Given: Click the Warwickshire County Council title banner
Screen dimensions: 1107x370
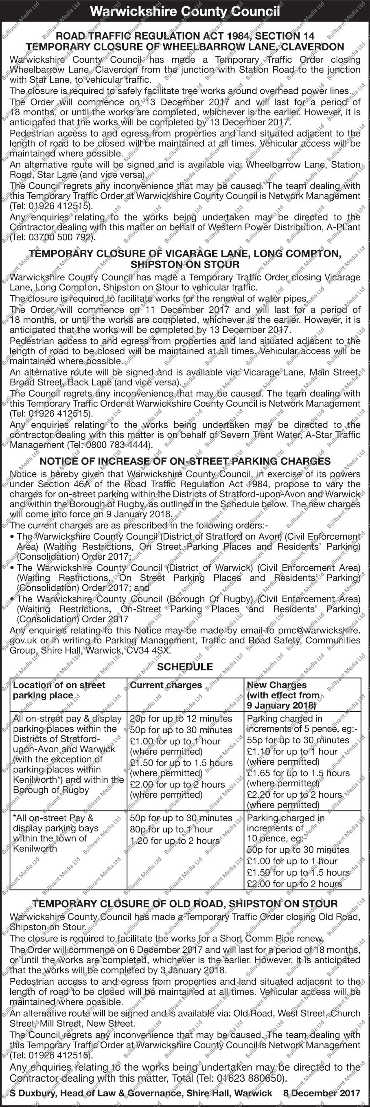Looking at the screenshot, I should click(x=185, y=11).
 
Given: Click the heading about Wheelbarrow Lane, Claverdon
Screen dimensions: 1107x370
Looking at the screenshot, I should click(x=185, y=47).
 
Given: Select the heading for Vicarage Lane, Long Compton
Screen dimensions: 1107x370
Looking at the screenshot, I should click(x=185, y=253).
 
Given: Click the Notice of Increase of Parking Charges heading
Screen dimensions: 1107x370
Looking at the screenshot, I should click(x=185, y=461).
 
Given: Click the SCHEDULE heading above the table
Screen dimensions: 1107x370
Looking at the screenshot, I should click(x=185, y=667).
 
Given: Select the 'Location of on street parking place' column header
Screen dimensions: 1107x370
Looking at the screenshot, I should click(x=59, y=690).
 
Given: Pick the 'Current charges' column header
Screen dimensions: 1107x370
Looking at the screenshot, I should click(x=166, y=685).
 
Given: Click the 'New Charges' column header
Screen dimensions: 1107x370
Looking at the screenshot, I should click(x=276, y=685).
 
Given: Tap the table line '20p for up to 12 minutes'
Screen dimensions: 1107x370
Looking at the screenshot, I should click(x=181, y=719).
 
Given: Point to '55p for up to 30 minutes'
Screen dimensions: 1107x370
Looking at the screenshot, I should click(x=298, y=740).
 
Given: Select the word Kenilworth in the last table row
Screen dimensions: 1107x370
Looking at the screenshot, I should click(x=35, y=849).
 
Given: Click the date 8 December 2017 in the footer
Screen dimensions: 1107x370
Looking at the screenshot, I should click(x=322, y=1093).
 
